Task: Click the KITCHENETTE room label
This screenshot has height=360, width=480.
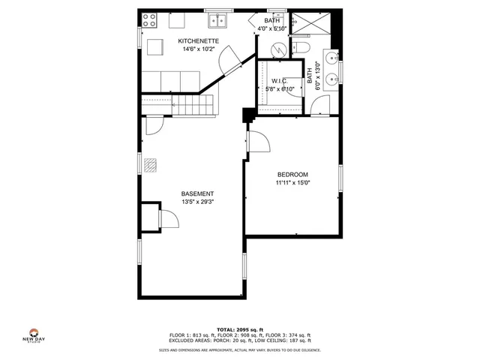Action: click(x=198, y=40)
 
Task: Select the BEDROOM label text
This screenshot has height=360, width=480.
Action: click(x=292, y=175)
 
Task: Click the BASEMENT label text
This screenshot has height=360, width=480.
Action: click(x=192, y=194)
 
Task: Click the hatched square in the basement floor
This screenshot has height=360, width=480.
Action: click(x=151, y=165)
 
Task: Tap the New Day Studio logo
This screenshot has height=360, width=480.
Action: click(x=33, y=336)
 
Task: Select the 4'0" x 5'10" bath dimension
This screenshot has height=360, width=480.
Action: click(x=272, y=28)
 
